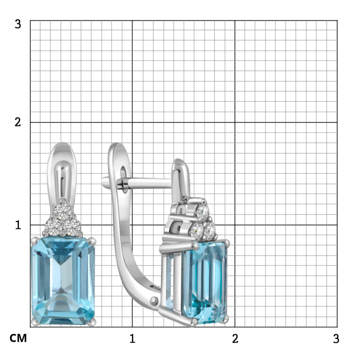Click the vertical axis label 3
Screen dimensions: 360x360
(x=18, y=24)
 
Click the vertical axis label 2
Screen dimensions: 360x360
(x=18, y=122)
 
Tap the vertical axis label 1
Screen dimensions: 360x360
(x=18, y=225)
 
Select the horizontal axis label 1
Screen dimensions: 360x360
(x=132, y=338)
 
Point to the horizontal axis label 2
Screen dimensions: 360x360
(x=235, y=338)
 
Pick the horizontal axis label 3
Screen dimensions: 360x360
(x=336, y=338)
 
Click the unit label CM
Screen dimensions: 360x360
(x=18, y=338)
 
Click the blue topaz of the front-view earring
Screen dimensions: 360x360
(x=63, y=281)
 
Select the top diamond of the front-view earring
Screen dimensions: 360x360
(x=62, y=210)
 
